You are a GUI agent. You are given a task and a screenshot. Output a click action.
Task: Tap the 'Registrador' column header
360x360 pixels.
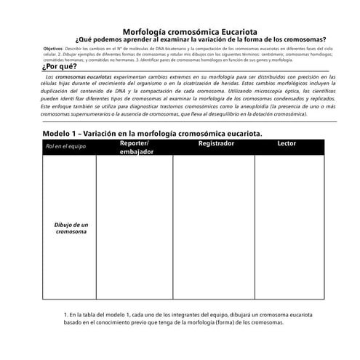click(216, 144)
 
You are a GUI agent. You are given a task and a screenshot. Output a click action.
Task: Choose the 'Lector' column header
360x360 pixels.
click(287, 144)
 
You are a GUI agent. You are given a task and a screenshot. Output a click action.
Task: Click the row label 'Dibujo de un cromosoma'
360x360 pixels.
click(71, 228)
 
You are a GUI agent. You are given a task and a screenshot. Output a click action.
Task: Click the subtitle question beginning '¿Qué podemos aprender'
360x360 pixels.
click(201, 40)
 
